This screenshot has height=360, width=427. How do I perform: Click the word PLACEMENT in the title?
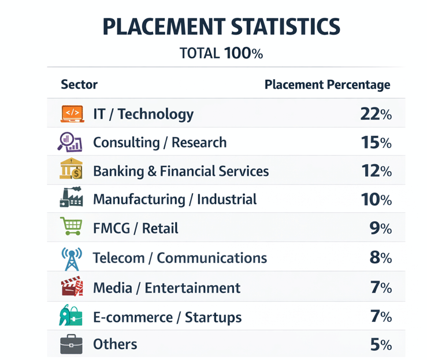164,27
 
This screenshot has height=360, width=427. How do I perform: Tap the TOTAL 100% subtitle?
221,53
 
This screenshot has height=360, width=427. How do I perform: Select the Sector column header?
79,84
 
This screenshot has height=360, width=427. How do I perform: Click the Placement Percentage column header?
328,85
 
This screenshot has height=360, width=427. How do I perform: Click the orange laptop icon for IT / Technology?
72,114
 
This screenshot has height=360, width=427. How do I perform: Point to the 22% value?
376,114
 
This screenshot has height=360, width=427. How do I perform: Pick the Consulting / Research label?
160,143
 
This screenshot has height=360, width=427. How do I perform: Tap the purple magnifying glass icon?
70,142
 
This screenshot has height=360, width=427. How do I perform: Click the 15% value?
376,143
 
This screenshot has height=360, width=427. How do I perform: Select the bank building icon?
71,169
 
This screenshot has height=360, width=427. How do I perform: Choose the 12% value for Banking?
377,171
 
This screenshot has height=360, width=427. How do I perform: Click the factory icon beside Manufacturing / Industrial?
71,197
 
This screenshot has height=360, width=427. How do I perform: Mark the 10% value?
376,199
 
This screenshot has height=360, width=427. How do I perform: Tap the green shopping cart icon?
71,226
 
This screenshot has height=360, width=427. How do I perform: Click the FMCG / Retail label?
136,228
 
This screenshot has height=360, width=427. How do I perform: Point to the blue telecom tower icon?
72,259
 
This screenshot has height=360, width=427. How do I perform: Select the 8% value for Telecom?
381,258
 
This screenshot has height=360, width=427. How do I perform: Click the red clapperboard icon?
72,286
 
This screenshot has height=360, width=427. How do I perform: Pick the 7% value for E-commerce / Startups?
381,317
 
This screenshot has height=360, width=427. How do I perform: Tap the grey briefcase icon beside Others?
71,344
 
